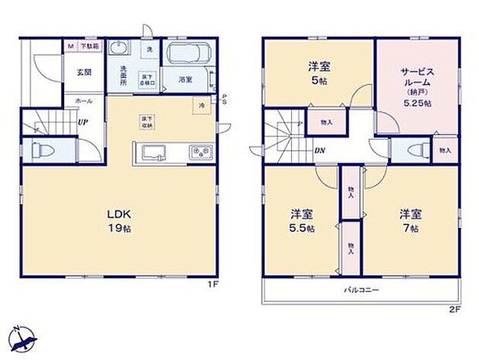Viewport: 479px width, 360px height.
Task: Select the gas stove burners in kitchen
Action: pos(202,151)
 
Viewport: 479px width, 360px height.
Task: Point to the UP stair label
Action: pos(81,122)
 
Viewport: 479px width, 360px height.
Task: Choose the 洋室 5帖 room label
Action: pos(319,72)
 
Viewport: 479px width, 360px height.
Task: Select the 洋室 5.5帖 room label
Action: pos(302,220)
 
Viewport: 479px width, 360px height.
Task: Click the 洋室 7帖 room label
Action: pos(409,219)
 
